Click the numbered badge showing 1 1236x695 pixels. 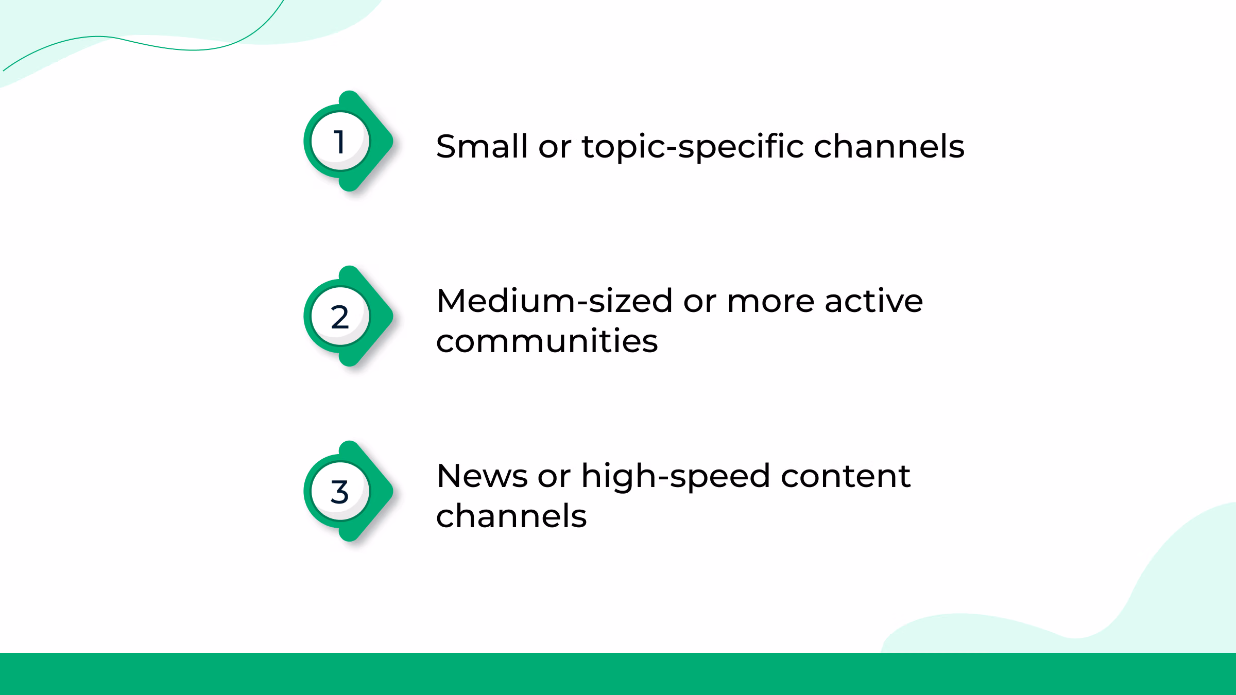tap(340, 142)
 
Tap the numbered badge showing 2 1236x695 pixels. tap(340, 317)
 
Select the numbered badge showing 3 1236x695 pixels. tap(340, 492)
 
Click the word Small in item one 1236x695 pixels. tap(482, 147)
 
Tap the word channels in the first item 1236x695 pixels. tap(889, 147)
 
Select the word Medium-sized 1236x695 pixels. tap(554, 301)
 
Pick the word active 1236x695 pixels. tap(873, 301)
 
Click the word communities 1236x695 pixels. tap(547, 341)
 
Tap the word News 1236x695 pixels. tap(482, 476)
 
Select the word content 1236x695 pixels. tap(846, 476)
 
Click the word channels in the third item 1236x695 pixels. tap(511, 516)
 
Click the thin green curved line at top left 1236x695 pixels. tap(154, 45)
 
